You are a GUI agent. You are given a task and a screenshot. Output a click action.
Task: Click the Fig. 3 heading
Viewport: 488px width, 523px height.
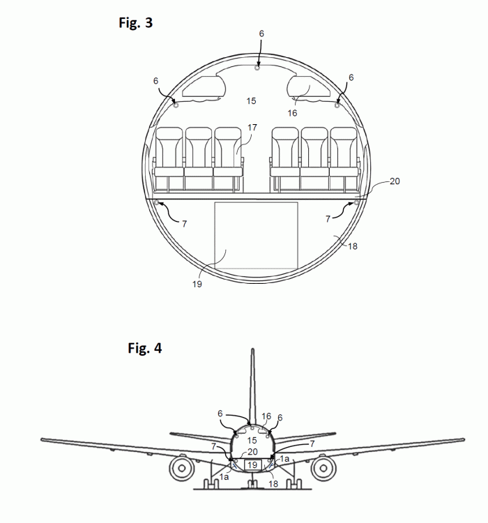[135, 23]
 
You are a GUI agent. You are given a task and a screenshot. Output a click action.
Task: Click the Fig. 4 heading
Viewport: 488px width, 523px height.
[145, 348]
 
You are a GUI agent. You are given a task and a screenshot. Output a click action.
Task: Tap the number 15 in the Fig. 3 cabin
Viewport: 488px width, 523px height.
[251, 100]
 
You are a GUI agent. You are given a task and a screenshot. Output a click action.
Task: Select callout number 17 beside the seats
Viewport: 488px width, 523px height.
[252, 128]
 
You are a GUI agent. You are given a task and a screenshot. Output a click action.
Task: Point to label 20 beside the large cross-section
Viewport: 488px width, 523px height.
[395, 181]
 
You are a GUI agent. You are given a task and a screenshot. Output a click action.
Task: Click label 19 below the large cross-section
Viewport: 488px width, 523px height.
[197, 284]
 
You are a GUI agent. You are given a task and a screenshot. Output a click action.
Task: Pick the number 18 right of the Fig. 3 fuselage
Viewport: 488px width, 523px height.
[353, 246]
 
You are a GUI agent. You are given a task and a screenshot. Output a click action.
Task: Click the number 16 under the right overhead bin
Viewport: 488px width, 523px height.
[292, 113]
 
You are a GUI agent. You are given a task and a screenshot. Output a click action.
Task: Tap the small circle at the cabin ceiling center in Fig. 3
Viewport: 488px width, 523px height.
[257, 68]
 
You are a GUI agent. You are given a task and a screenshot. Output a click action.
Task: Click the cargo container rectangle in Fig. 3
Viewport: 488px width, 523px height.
[256, 235]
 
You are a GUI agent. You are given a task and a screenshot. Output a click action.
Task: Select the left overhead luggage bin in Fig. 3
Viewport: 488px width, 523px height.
[204, 87]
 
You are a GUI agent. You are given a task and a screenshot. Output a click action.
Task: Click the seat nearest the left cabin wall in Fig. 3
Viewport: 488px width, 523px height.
[169, 160]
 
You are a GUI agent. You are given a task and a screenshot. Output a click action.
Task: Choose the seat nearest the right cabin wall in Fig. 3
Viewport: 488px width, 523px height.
[344, 160]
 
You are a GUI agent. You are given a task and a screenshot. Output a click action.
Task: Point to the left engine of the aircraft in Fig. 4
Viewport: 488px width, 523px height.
[182, 468]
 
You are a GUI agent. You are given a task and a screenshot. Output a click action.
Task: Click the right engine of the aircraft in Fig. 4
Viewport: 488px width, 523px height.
[323, 468]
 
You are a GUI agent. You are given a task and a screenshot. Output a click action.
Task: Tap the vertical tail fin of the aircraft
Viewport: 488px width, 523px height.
[253, 387]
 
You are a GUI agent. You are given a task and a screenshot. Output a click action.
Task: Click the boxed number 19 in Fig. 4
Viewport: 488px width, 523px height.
[252, 464]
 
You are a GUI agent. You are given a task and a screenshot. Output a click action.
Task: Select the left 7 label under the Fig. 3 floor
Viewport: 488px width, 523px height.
[185, 223]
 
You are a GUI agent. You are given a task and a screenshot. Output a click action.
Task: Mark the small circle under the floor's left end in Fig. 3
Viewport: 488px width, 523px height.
[156, 202]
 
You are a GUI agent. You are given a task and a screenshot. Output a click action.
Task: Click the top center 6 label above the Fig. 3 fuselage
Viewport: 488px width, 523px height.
[261, 33]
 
